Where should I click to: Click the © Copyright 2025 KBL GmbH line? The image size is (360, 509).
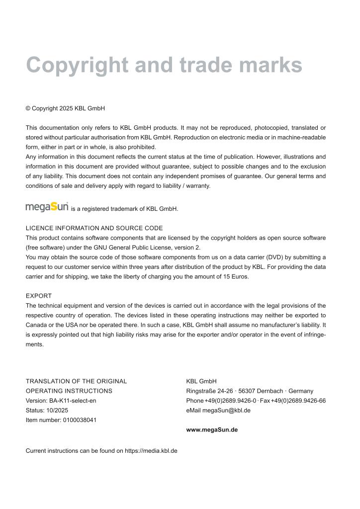65,108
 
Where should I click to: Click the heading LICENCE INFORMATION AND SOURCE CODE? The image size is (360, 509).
94,228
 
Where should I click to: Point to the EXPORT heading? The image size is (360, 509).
39,296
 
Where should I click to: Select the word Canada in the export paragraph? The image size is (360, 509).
36,325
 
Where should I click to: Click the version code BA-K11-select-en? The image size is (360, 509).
72,401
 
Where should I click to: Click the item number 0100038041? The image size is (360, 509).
80,420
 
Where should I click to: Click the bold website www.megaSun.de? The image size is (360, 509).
212,430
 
